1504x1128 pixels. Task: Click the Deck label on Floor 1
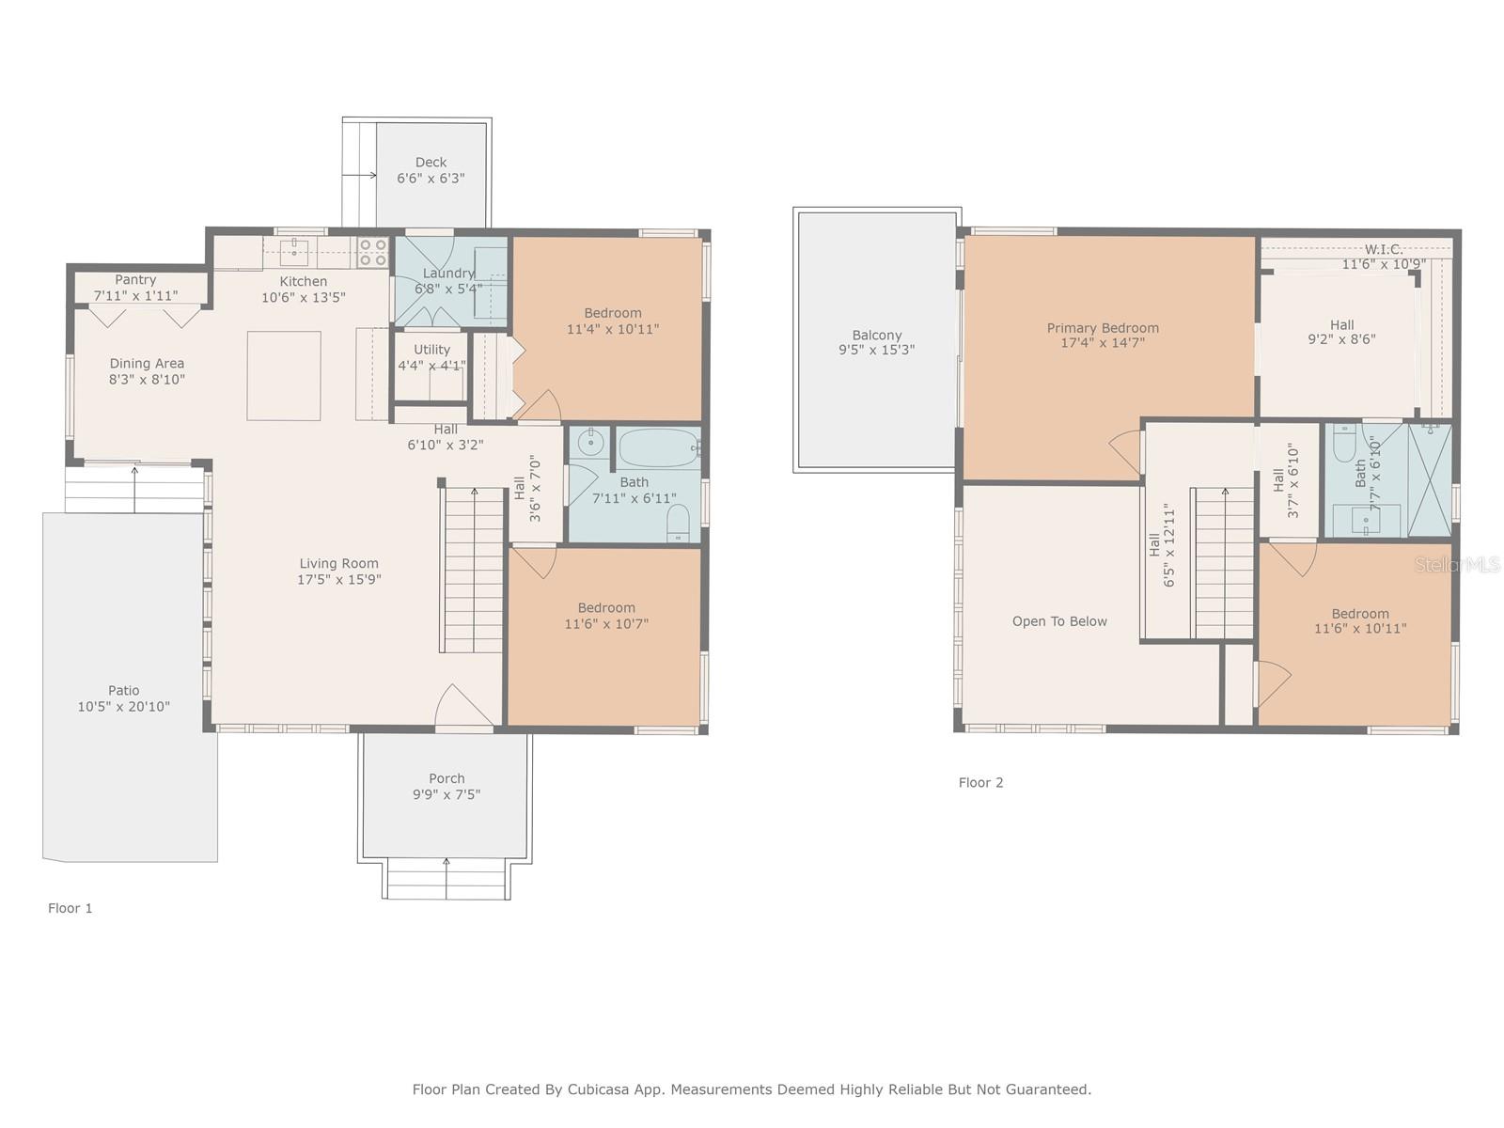pos(431,163)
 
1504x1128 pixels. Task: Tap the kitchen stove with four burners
pos(372,252)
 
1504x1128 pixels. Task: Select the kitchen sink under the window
pos(294,250)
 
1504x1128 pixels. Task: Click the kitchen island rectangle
pos(284,375)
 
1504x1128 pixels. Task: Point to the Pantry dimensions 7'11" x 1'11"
pos(135,295)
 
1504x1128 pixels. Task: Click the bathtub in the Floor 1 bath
pos(658,448)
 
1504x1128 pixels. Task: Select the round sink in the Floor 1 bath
pos(591,440)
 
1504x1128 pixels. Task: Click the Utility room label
pos(431,350)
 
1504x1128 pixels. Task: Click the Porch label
pos(446,778)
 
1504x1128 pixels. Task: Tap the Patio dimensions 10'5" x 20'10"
pos(124,707)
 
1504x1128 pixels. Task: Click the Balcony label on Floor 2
pos(877,335)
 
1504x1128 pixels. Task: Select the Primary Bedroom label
pos(1103,328)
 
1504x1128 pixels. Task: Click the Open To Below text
pos(1059,621)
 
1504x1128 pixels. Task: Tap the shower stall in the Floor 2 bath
pos(1430,480)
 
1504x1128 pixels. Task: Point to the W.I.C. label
pos(1384,249)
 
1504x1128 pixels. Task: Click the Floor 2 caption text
pos(980,782)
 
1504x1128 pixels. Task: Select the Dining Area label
pos(147,364)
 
